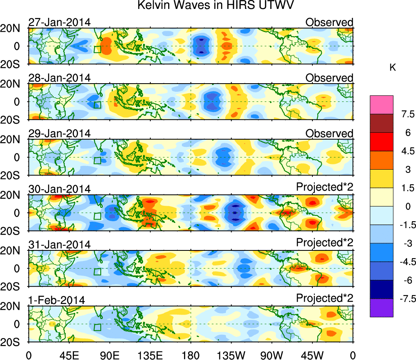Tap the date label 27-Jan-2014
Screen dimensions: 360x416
click(x=59, y=22)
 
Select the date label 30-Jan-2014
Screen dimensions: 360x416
click(x=59, y=189)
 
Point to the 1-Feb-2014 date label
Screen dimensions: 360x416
click(x=56, y=300)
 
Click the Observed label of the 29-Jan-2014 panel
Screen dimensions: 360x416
click(x=329, y=133)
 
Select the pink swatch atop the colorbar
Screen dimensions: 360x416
click(x=381, y=104)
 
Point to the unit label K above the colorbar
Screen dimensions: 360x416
click(x=392, y=68)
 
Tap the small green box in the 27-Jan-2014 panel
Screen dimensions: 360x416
click(x=97, y=49)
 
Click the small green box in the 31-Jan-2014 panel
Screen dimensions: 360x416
click(x=97, y=272)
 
